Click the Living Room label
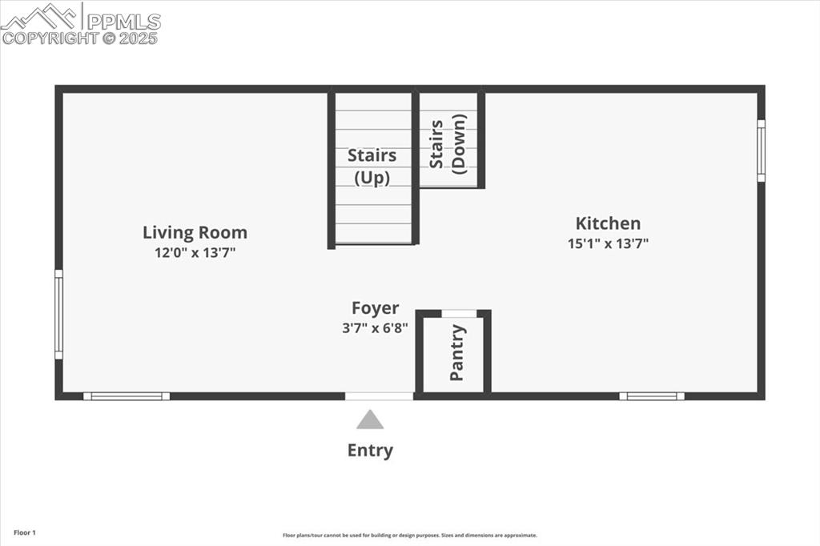pyautogui.click(x=195, y=233)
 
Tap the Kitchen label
pyautogui.click(x=608, y=223)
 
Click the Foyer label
pyautogui.click(x=375, y=308)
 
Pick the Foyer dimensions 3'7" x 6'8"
pyautogui.click(x=375, y=327)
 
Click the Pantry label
pyautogui.click(x=457, y=352)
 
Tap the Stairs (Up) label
pyautogui.click(x=372, y=167)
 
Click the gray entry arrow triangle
pyautogui.click(x=370, y=420)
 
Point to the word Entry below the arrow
pyautogui.click(x=370, y=450)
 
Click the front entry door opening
pyautogui.click(x=379, y=395)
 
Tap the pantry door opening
pyautogui.click(x=459, y=313)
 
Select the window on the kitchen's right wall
pyautogui.click(x=761, y=151)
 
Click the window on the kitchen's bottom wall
pyautogui.click(x=652, y=395)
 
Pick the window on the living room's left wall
pyautogui.click(x=58, y=314)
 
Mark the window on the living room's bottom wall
pyautogui.click(x=127, y=395)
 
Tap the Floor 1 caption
pyautogui.click(x=24, y=532)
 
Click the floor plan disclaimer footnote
pyautogui.click(x=409, y=536)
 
